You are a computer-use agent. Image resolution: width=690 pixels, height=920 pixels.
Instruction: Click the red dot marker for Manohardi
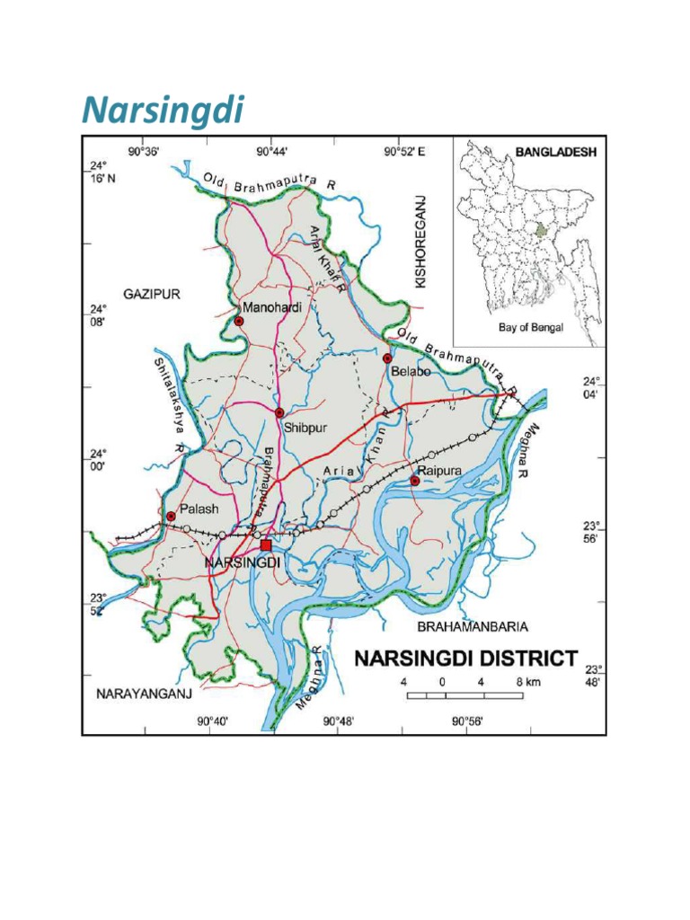(x=239, y=320)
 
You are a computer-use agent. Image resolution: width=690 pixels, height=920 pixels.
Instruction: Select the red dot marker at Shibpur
(x=279, y=412)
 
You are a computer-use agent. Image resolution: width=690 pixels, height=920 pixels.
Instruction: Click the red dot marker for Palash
(x=171, y=516)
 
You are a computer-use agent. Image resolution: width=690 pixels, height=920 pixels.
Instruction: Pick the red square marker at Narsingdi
(x=265, y=545)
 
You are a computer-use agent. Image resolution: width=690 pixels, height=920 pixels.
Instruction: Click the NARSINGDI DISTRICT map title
(x=465, y=659)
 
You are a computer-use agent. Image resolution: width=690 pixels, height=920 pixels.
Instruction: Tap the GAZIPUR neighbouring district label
(x=153, y=294)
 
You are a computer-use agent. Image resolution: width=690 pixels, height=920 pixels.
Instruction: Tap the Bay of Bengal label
(x=531, y=328)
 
